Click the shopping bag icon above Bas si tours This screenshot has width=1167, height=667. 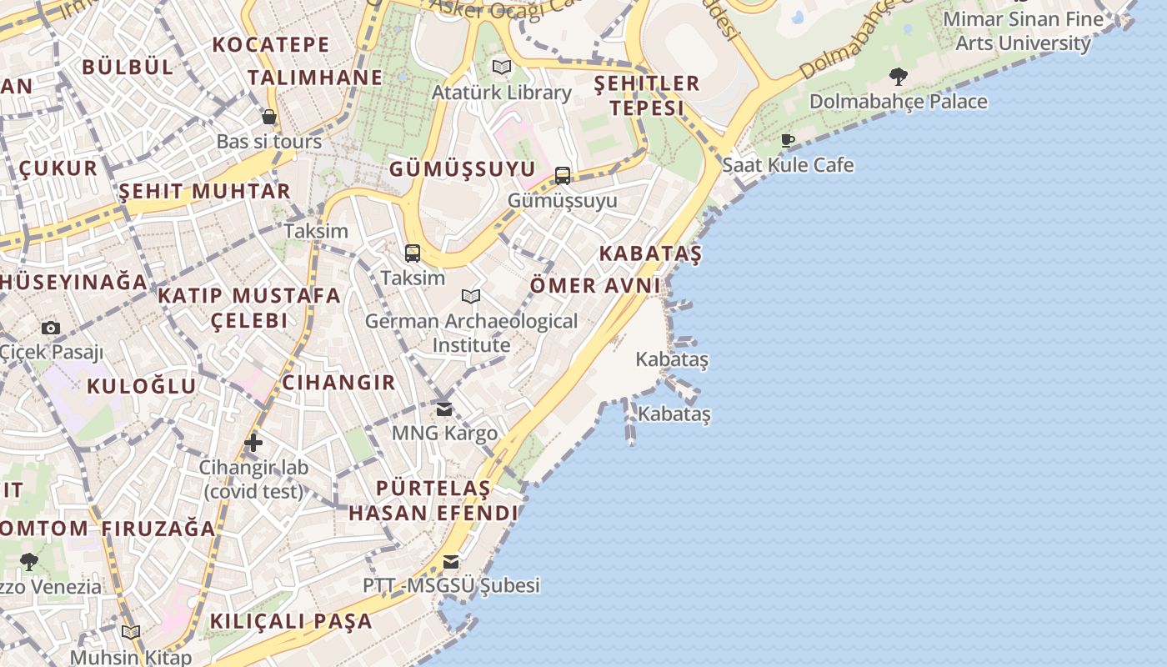(x=268, y=117)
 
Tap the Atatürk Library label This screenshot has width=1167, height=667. (x=501, y=93)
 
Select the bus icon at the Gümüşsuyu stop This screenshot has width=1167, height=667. (x=563, y=175)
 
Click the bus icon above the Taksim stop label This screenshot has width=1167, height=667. (x=412, y=253)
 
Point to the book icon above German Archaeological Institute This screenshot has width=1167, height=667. (x=471, y=296)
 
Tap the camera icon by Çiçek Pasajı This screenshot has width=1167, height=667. (x=51, y=328)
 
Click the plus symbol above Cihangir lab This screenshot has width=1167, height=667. (x=253, y=442)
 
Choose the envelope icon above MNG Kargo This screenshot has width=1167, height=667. (x=444, y=409)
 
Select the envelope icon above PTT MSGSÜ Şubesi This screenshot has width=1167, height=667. (x=451, y=561)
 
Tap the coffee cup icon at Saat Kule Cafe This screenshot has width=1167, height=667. (x=788, y=140)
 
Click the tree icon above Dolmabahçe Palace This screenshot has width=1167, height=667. (x=898, y=77)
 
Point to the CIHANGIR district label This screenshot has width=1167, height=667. (x=338, y=383)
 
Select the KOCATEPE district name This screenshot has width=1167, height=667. (x=272, y=44)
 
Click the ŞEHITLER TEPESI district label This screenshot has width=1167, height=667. (x=646, y=95)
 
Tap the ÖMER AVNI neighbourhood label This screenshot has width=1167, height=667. (x=595, y=285)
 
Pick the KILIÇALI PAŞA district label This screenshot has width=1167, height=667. (x=291, y=621)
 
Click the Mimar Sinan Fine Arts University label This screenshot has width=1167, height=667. (x=1023, y=31)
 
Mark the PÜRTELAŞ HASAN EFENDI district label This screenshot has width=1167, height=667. (x=433, y=500)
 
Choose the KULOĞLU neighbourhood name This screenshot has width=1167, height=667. (x=142, y=386)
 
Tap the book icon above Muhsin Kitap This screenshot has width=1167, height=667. (x=131, y=632)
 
